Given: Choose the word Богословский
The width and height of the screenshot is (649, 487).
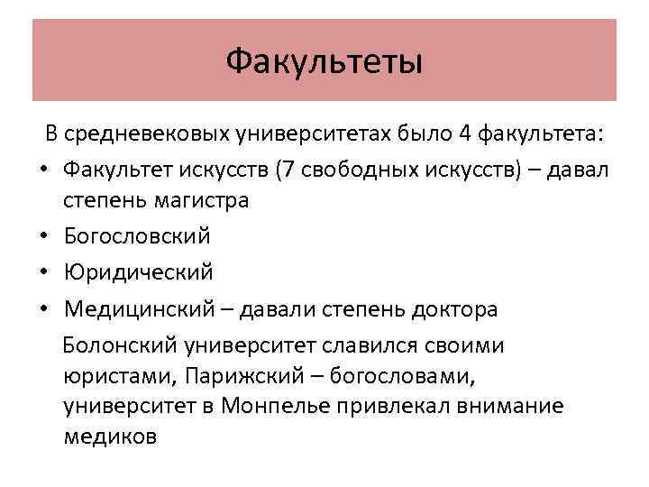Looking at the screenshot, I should point(137,235).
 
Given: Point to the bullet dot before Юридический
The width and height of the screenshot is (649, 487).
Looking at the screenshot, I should point(42,271).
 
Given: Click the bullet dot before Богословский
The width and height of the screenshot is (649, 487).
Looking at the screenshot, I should point(42,237).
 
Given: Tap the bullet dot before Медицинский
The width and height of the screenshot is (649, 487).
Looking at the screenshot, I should point(42,310).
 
